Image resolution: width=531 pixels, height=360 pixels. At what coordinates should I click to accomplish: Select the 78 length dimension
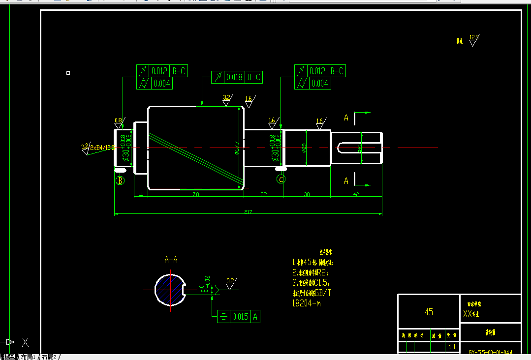pyautogui.click(x=195, y=195)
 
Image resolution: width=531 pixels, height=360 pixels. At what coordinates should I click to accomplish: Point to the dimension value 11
pyautogui.click(x=141, y=195)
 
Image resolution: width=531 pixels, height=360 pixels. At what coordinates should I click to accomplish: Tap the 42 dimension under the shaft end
pyautogui.click(x=356, y=195)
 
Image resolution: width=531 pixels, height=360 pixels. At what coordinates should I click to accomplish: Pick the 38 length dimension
pyautogui.click(x=307, y=195)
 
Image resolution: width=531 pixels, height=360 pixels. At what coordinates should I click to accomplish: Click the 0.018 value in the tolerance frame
pyautogui.click(x=235, y=77)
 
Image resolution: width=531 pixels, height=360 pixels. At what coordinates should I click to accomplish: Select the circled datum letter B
pyautogui.click(x=120, y=180)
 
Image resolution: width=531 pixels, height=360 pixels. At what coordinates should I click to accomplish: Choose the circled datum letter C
pyautogui.click(x=281, y=180)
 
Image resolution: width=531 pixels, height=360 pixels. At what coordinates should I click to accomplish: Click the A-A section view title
pyautogui.click(x=171, y=260)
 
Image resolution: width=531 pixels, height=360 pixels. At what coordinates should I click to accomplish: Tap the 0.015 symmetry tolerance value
pyautogui.click(x=241, y=317)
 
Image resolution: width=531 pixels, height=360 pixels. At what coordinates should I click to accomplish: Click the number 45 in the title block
pyautogui.click(x=429, y=312)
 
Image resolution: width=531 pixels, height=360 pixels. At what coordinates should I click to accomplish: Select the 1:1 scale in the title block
pyautogui.click(x=452, y=347)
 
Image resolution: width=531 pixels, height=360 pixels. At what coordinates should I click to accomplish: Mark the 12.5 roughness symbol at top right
pyautogui.click(x=473, y=39)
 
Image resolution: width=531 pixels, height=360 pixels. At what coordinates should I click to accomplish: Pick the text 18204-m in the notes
pyautogui.click(x=306, y=303)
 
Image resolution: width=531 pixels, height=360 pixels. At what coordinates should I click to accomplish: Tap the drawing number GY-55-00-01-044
pyautogui.click(x=491, y=352)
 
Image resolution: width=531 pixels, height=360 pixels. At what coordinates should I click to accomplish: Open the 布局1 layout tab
pyautogui.click(x=29, y=357)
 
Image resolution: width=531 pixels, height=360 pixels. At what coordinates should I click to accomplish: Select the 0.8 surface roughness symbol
pyautogui.click(x=119, y=121)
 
